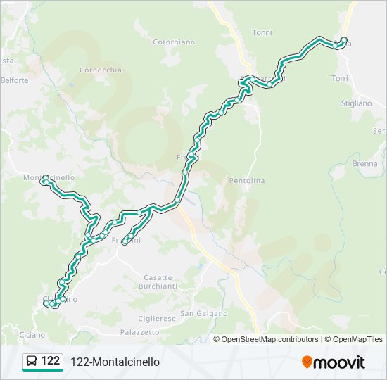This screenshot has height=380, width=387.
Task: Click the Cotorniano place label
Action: (174, 42)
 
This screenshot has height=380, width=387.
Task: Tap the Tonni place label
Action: (262, 32)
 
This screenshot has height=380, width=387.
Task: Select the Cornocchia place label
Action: (101, 70)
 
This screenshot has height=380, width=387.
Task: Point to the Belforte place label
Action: (14, 80)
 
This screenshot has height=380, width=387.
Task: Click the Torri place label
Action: (339, 77)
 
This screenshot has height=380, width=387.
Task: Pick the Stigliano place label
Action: (356, 103)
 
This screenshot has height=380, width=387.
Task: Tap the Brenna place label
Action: (365, 163)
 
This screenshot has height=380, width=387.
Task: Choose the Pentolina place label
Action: (246, 181)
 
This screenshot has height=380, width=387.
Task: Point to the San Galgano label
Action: (204, 313)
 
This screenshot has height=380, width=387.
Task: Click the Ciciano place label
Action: (32, 334)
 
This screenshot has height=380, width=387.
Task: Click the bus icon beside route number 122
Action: (32, 362)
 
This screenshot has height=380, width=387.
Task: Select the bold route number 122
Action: (51, 361)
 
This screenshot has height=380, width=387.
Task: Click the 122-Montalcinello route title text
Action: (115, 362)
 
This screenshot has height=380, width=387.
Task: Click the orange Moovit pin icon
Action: (307, 362)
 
